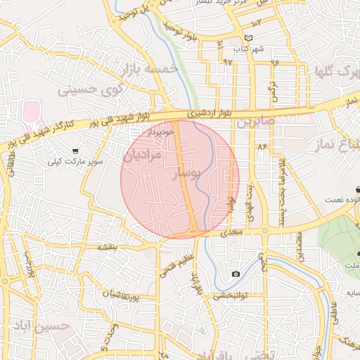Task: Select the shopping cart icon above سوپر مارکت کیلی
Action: (75, 150)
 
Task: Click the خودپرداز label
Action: (160, 131)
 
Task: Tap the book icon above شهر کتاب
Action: (247, 38)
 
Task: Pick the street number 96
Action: (274, 62)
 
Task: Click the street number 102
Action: (256, 24)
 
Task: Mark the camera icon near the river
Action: (235, 274)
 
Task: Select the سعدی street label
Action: (231, 231)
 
